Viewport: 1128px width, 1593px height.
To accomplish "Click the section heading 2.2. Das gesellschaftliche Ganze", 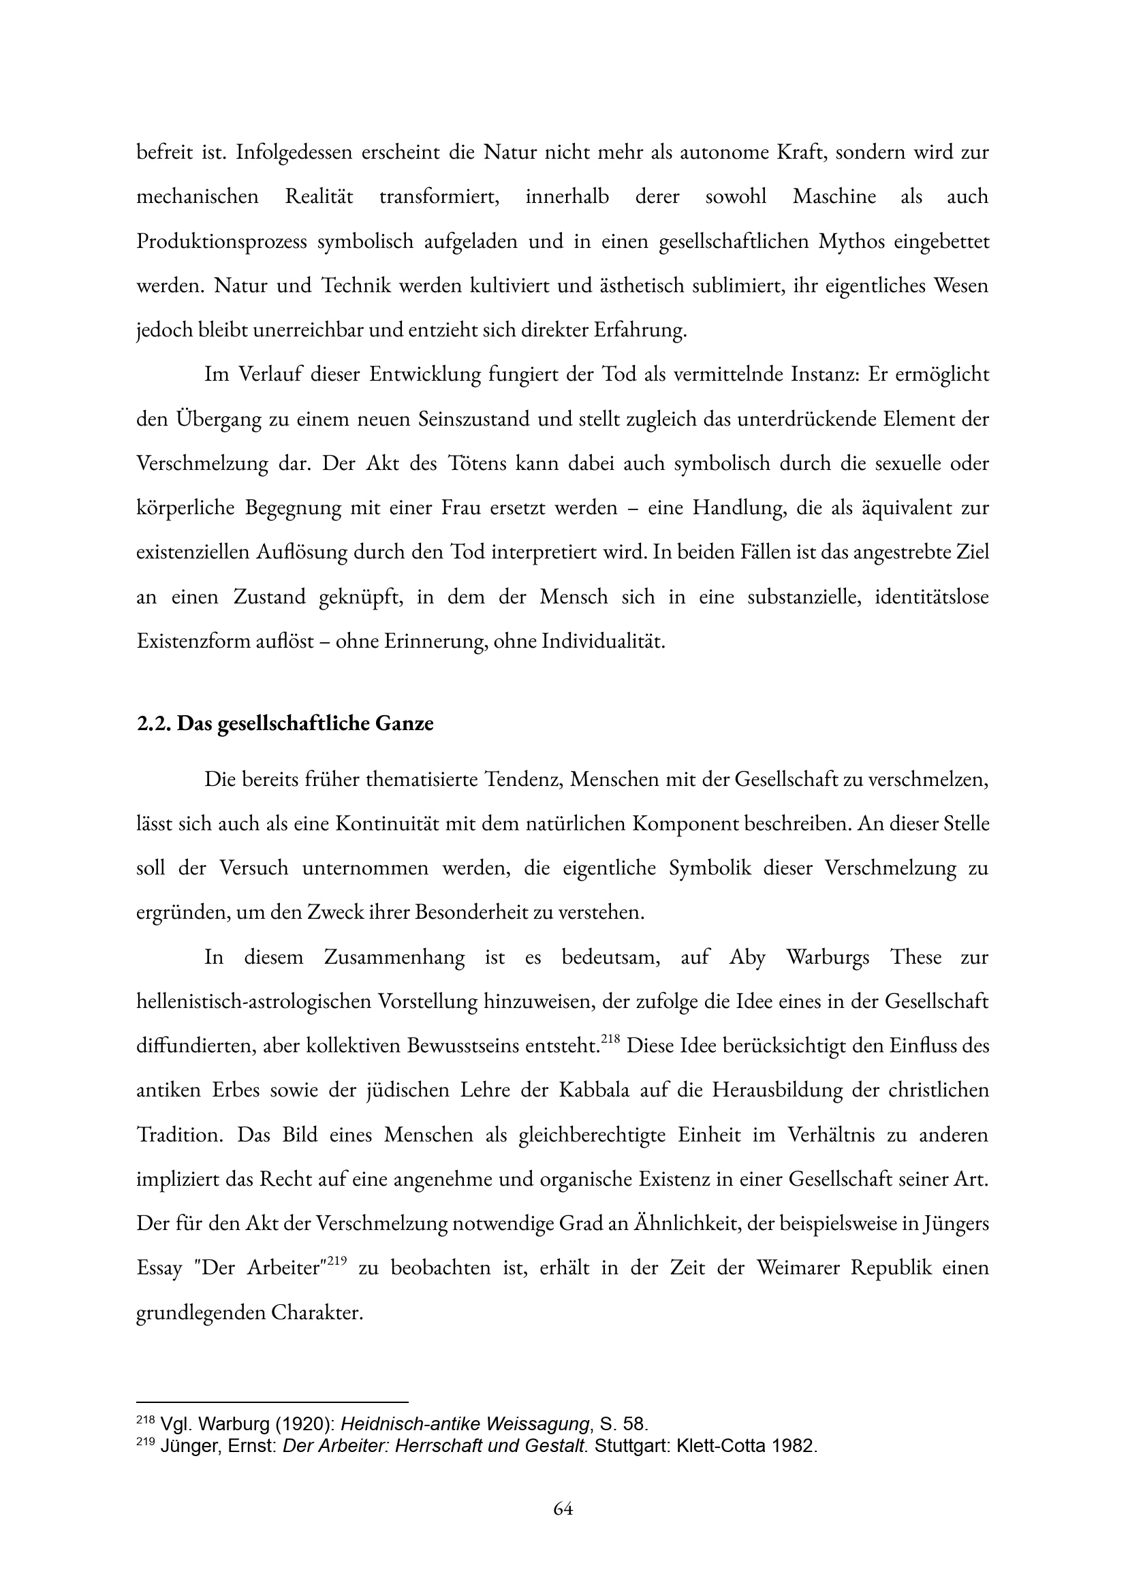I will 285,723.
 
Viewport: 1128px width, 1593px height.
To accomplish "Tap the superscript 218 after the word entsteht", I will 610,1038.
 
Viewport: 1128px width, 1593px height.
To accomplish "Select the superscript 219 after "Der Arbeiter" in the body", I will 336,1261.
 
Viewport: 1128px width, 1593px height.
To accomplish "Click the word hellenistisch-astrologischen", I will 252,1001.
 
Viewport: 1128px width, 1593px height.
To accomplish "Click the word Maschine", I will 834,197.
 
